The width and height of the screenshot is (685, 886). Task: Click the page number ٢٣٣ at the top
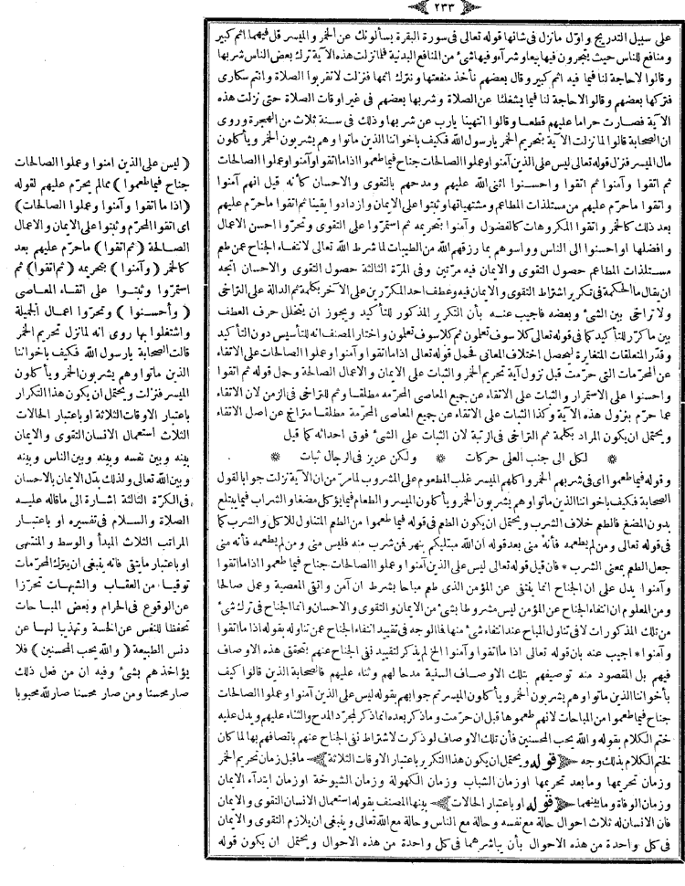pos(343,10)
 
